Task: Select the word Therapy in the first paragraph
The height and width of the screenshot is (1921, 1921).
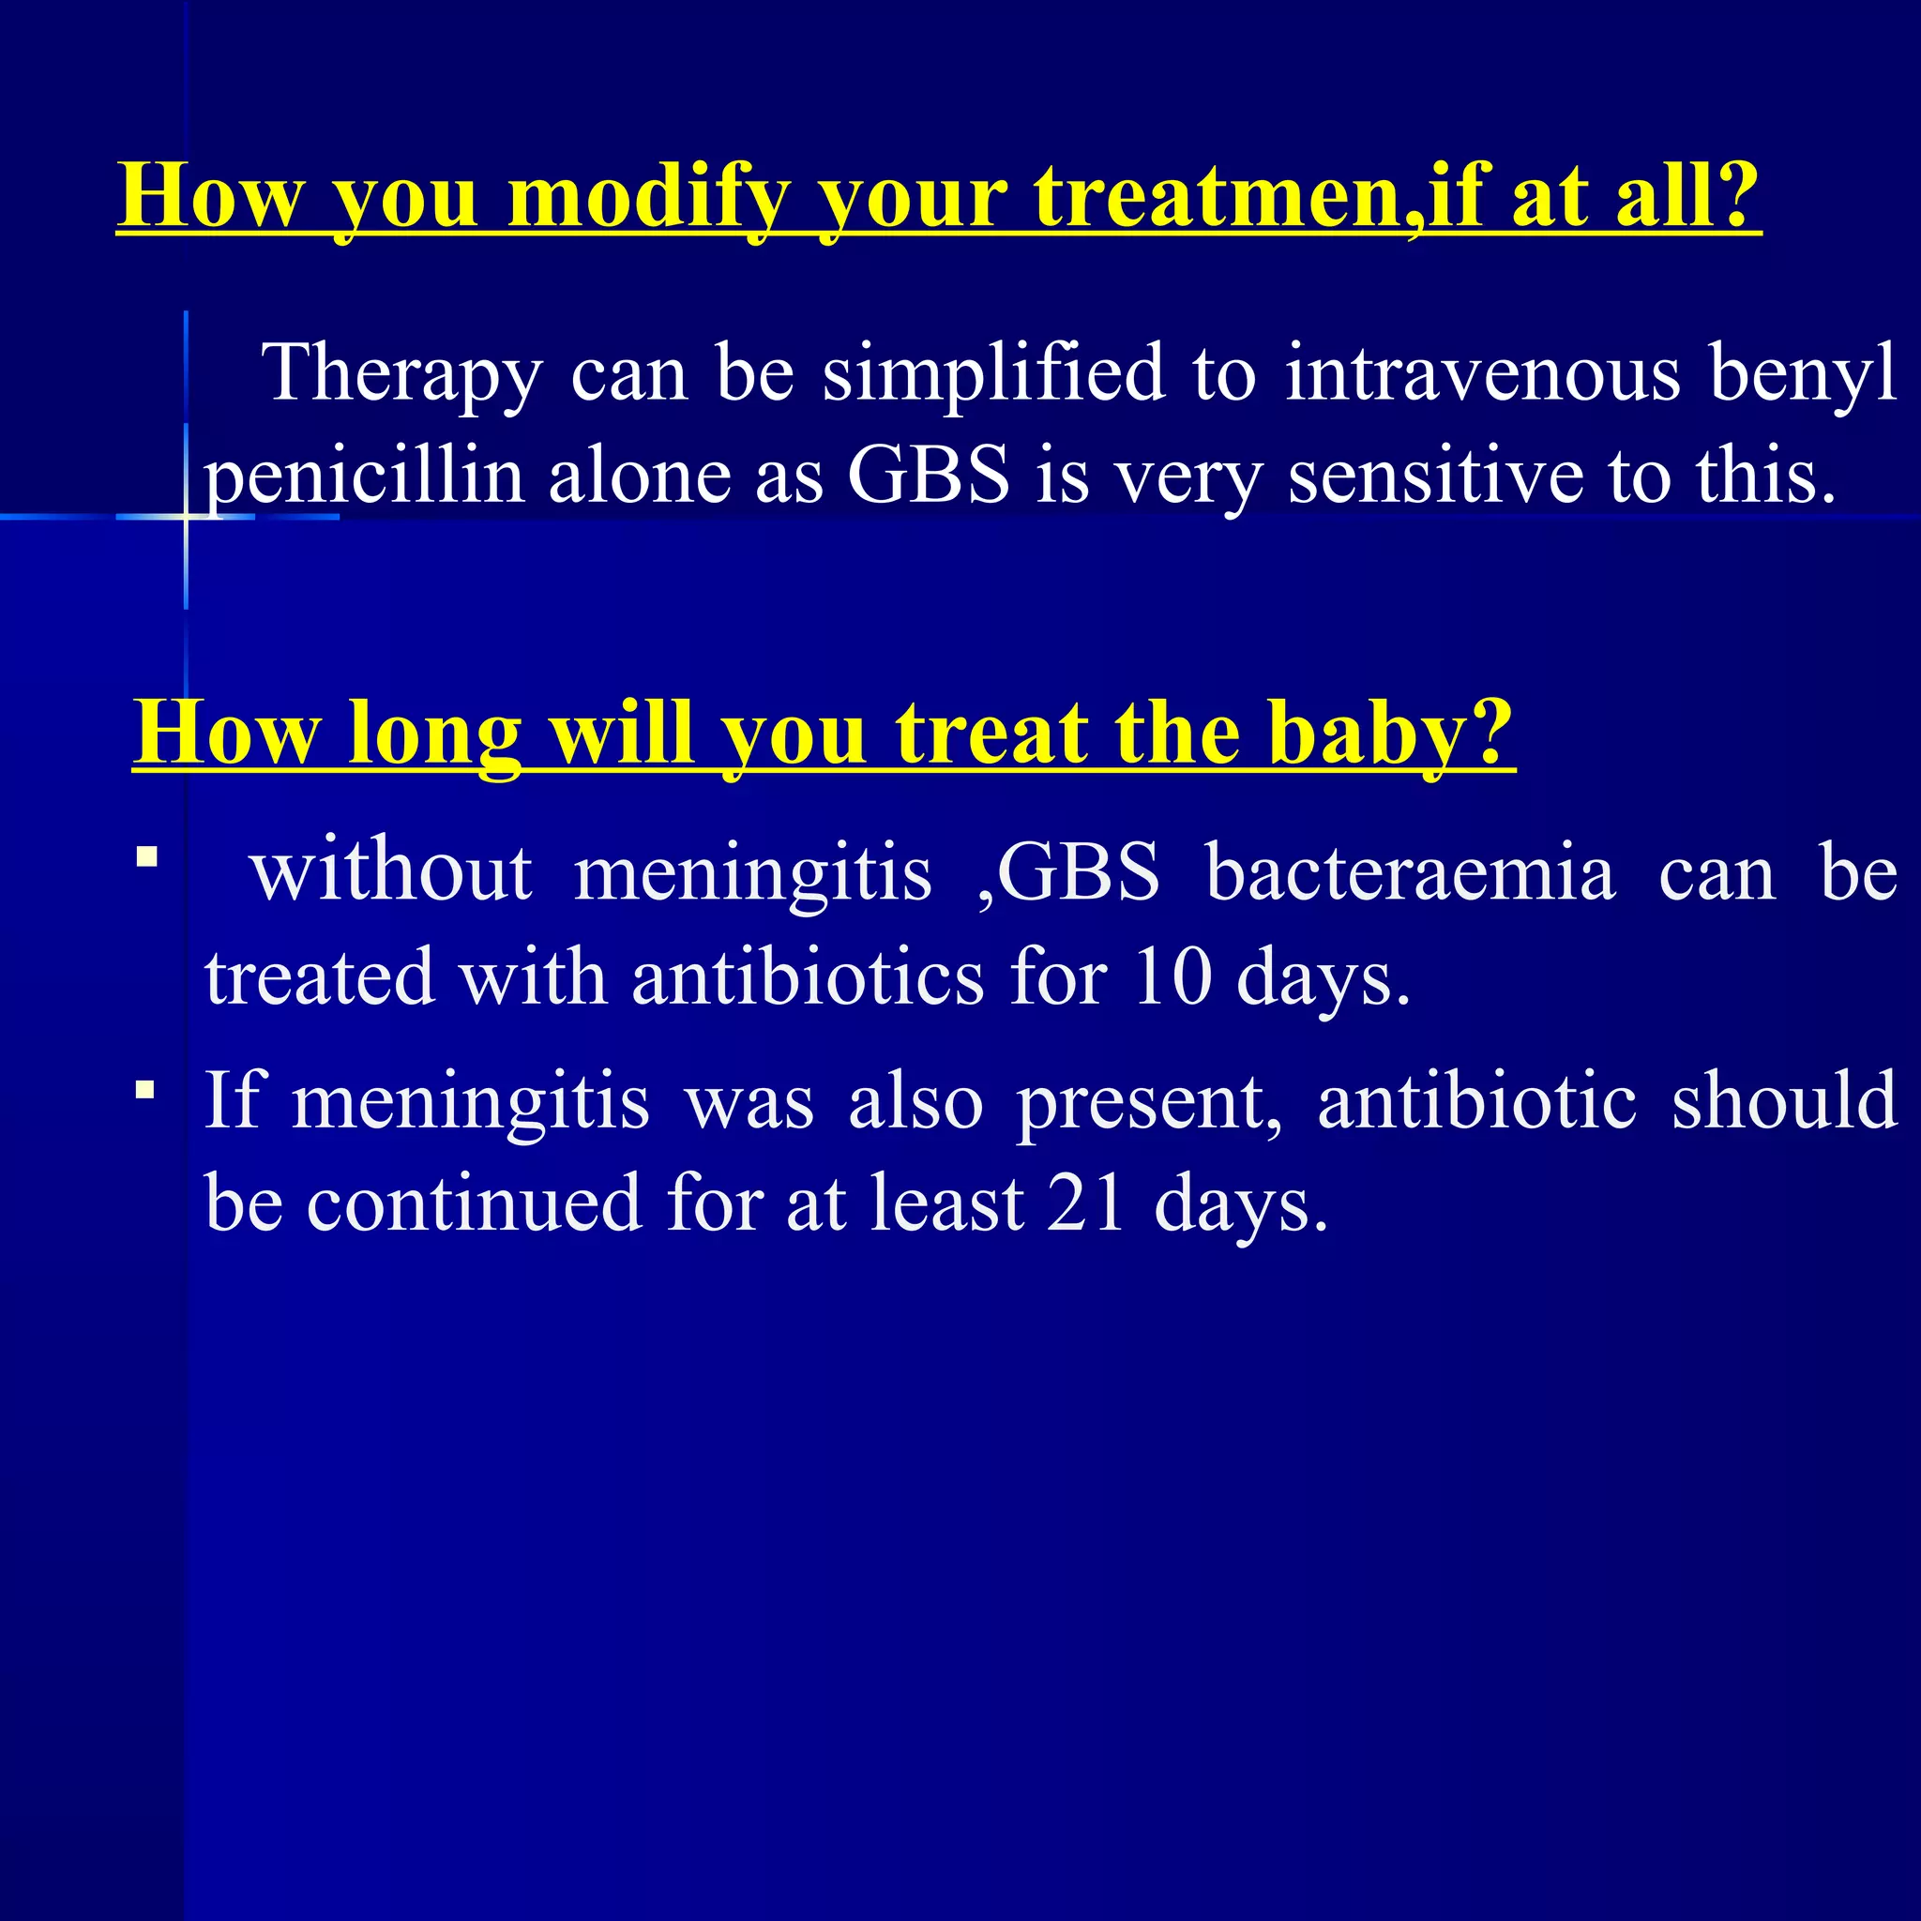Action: [401, 374]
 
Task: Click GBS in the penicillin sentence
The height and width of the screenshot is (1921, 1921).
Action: [928, 476]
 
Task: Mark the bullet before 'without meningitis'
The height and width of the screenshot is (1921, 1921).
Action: [147, 856]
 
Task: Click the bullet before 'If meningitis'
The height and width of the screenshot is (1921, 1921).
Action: [146, 1091]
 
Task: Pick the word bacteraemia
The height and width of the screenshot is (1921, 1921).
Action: [1410, 873]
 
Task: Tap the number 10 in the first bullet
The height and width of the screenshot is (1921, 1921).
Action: [1172, 977]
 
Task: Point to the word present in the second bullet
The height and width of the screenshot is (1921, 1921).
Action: [1148, 1102]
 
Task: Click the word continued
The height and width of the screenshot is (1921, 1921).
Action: [474, 1204]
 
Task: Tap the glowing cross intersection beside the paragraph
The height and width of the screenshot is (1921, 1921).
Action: [186, 516]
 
